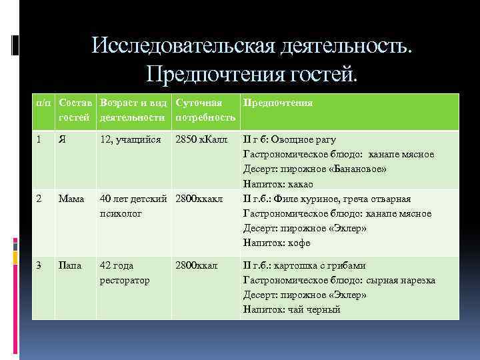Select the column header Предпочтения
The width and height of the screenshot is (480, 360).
(x=278, y=103)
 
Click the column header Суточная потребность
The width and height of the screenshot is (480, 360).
(x=205, y=111)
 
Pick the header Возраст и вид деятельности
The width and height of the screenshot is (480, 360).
(x=132, y=111)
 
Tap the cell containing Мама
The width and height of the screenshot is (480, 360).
(x=71, y=199)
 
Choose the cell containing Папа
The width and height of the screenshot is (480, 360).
(x=71, y=265)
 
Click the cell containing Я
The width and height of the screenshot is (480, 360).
(x=62, y=140)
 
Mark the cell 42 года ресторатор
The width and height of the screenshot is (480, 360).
(x=125, y=273)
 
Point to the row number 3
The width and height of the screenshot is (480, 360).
(x=40, y=265)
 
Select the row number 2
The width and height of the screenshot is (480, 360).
(x=40, y=199)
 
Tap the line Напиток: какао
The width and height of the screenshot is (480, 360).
(x=278, y=184)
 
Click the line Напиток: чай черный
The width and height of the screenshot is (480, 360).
(x=291, y=309)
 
